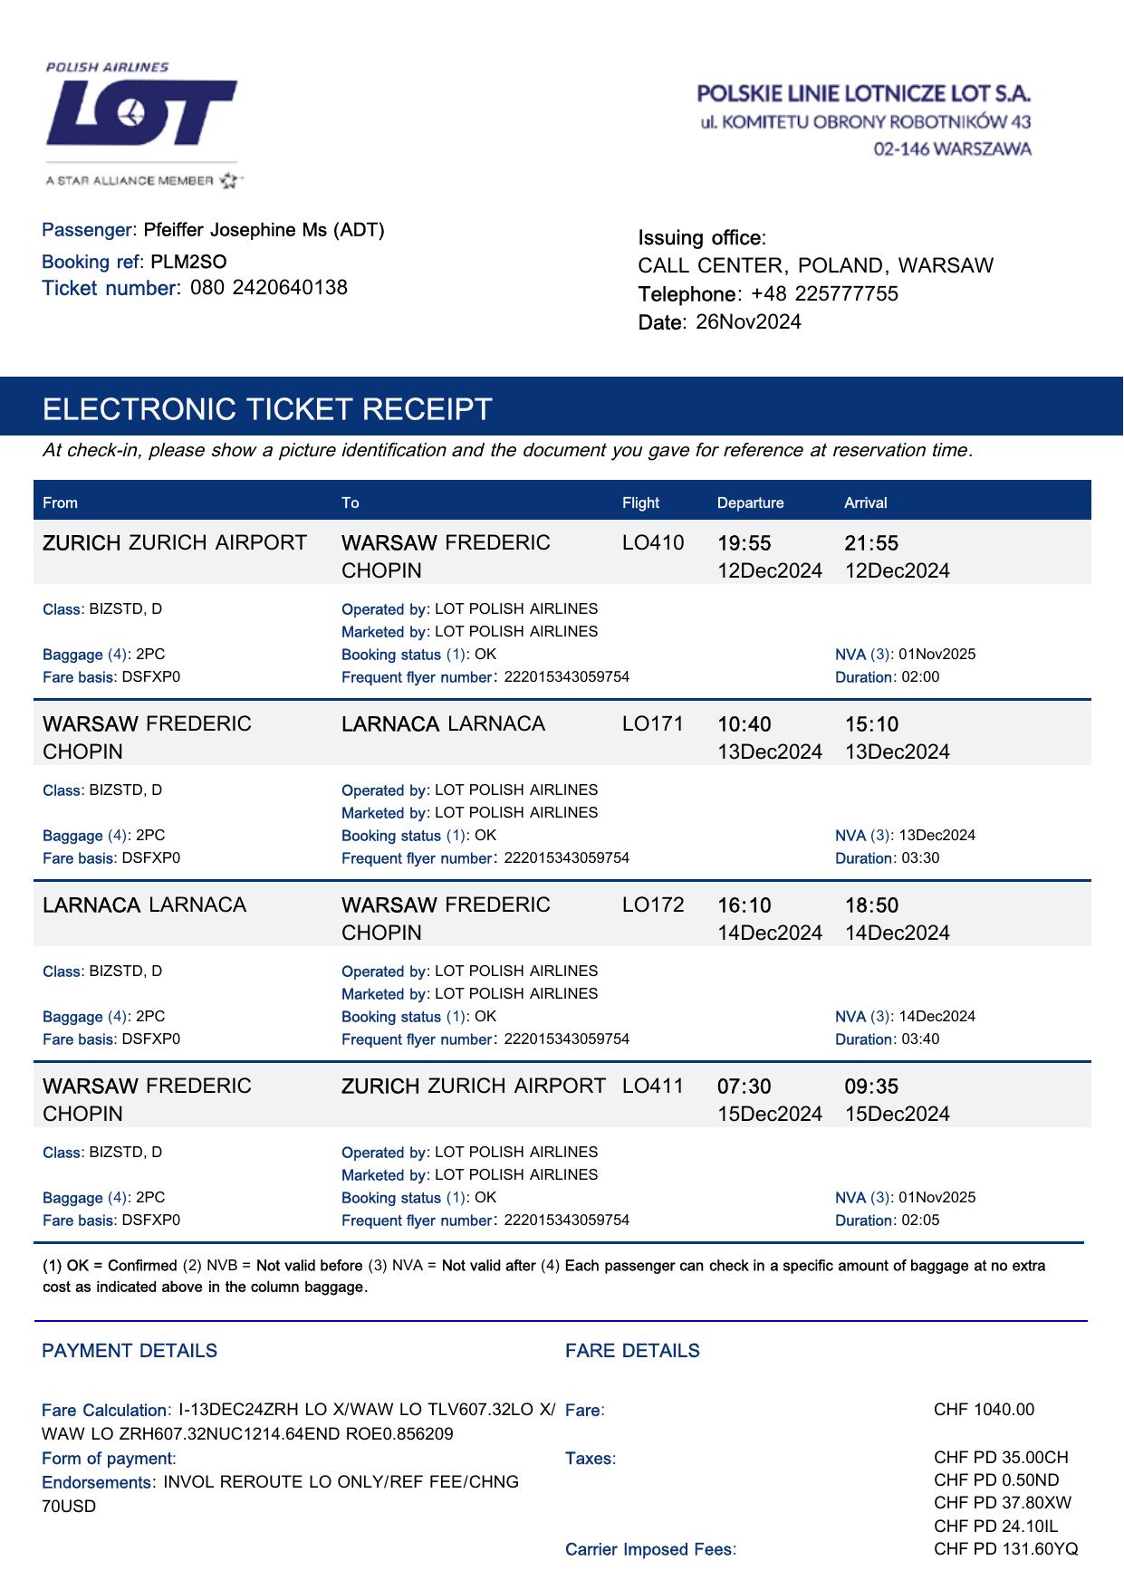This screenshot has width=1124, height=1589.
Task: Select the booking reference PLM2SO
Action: [x=188, y=263]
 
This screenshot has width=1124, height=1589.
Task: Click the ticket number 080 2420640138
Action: [x=269, y=288]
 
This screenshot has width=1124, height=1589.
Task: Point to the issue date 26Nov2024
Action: [x=748, y=322]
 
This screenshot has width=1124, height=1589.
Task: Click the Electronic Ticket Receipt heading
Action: [x=267, y=409]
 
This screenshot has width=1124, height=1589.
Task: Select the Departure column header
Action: [x=750, y=503]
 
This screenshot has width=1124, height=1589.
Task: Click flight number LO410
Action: [x=653, y=543]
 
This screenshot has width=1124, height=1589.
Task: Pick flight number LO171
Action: [x=653, y=724]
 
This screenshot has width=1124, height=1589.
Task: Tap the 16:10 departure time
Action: [x=744, y=905]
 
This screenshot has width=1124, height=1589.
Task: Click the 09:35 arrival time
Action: [x=871, y=1086]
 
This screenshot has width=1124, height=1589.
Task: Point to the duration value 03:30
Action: [x=920, y=858]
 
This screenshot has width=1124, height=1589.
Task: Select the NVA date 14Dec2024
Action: [x=937, y=1017]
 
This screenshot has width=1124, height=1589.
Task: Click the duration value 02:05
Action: [x=920, y=1220]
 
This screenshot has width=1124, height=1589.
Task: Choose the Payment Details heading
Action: [x=130, y=1351]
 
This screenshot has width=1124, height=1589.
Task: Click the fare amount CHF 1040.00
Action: [x=984, y=1410]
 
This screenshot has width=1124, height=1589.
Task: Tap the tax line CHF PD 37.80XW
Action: [x=1002, y=1503]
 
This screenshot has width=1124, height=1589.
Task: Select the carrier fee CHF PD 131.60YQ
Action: [x=1005, y=1549]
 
